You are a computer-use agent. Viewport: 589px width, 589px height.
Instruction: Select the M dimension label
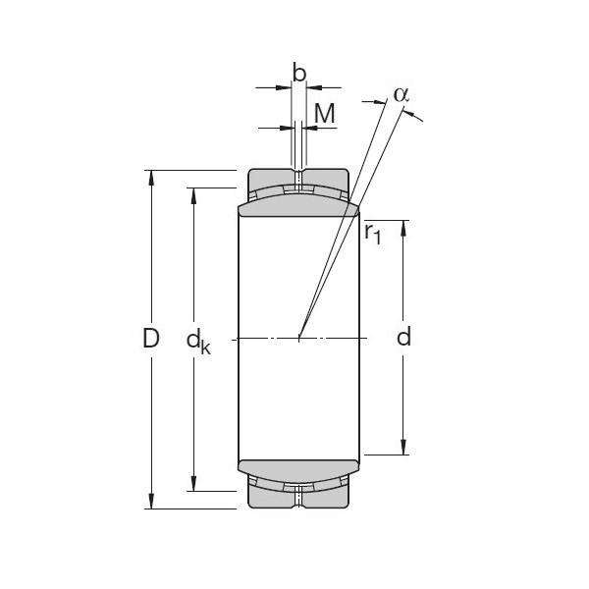pyautogui.click(x=324, y=114)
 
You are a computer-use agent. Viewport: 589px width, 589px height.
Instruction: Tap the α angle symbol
pyautogui.click(x=401, y=94)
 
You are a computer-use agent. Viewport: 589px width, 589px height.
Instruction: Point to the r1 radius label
pyautogui.click(x=372, y=233)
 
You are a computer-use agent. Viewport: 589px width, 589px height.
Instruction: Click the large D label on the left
pyautogui.click(x=150, y=339)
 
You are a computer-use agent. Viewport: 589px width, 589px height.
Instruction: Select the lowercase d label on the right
pyautogui.click(x=403, y=339)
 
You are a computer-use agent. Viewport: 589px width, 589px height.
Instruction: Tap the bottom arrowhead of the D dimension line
pyautogui.click(x=151, y=502)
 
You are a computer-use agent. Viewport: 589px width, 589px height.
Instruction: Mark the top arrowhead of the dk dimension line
pyautogui.click(x=194, y=193)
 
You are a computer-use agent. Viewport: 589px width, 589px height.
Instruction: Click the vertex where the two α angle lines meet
pyautogui.click(x=299, y=339)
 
